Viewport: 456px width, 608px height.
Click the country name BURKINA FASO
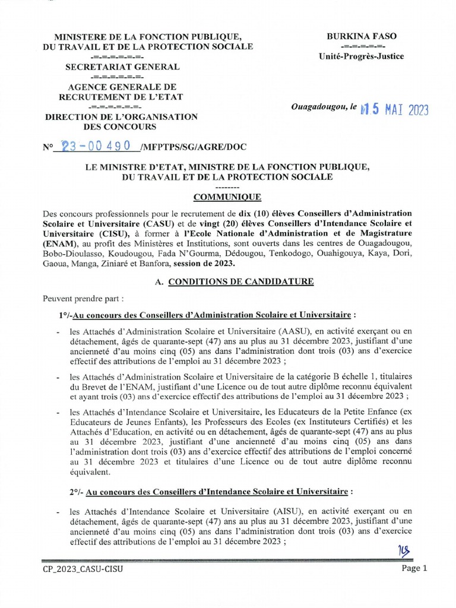362,36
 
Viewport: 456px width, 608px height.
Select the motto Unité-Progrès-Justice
362,56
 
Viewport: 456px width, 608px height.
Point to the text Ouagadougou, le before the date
324,107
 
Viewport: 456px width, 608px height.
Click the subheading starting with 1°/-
208,313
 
